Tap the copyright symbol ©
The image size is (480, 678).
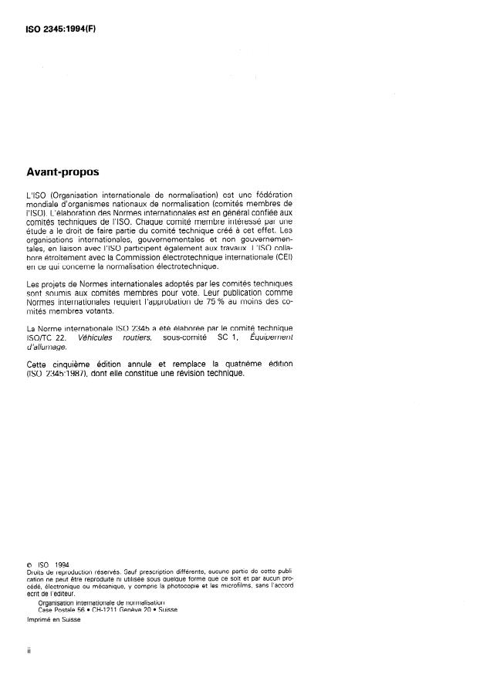coord(29,564)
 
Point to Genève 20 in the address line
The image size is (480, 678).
coord(133,609)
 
